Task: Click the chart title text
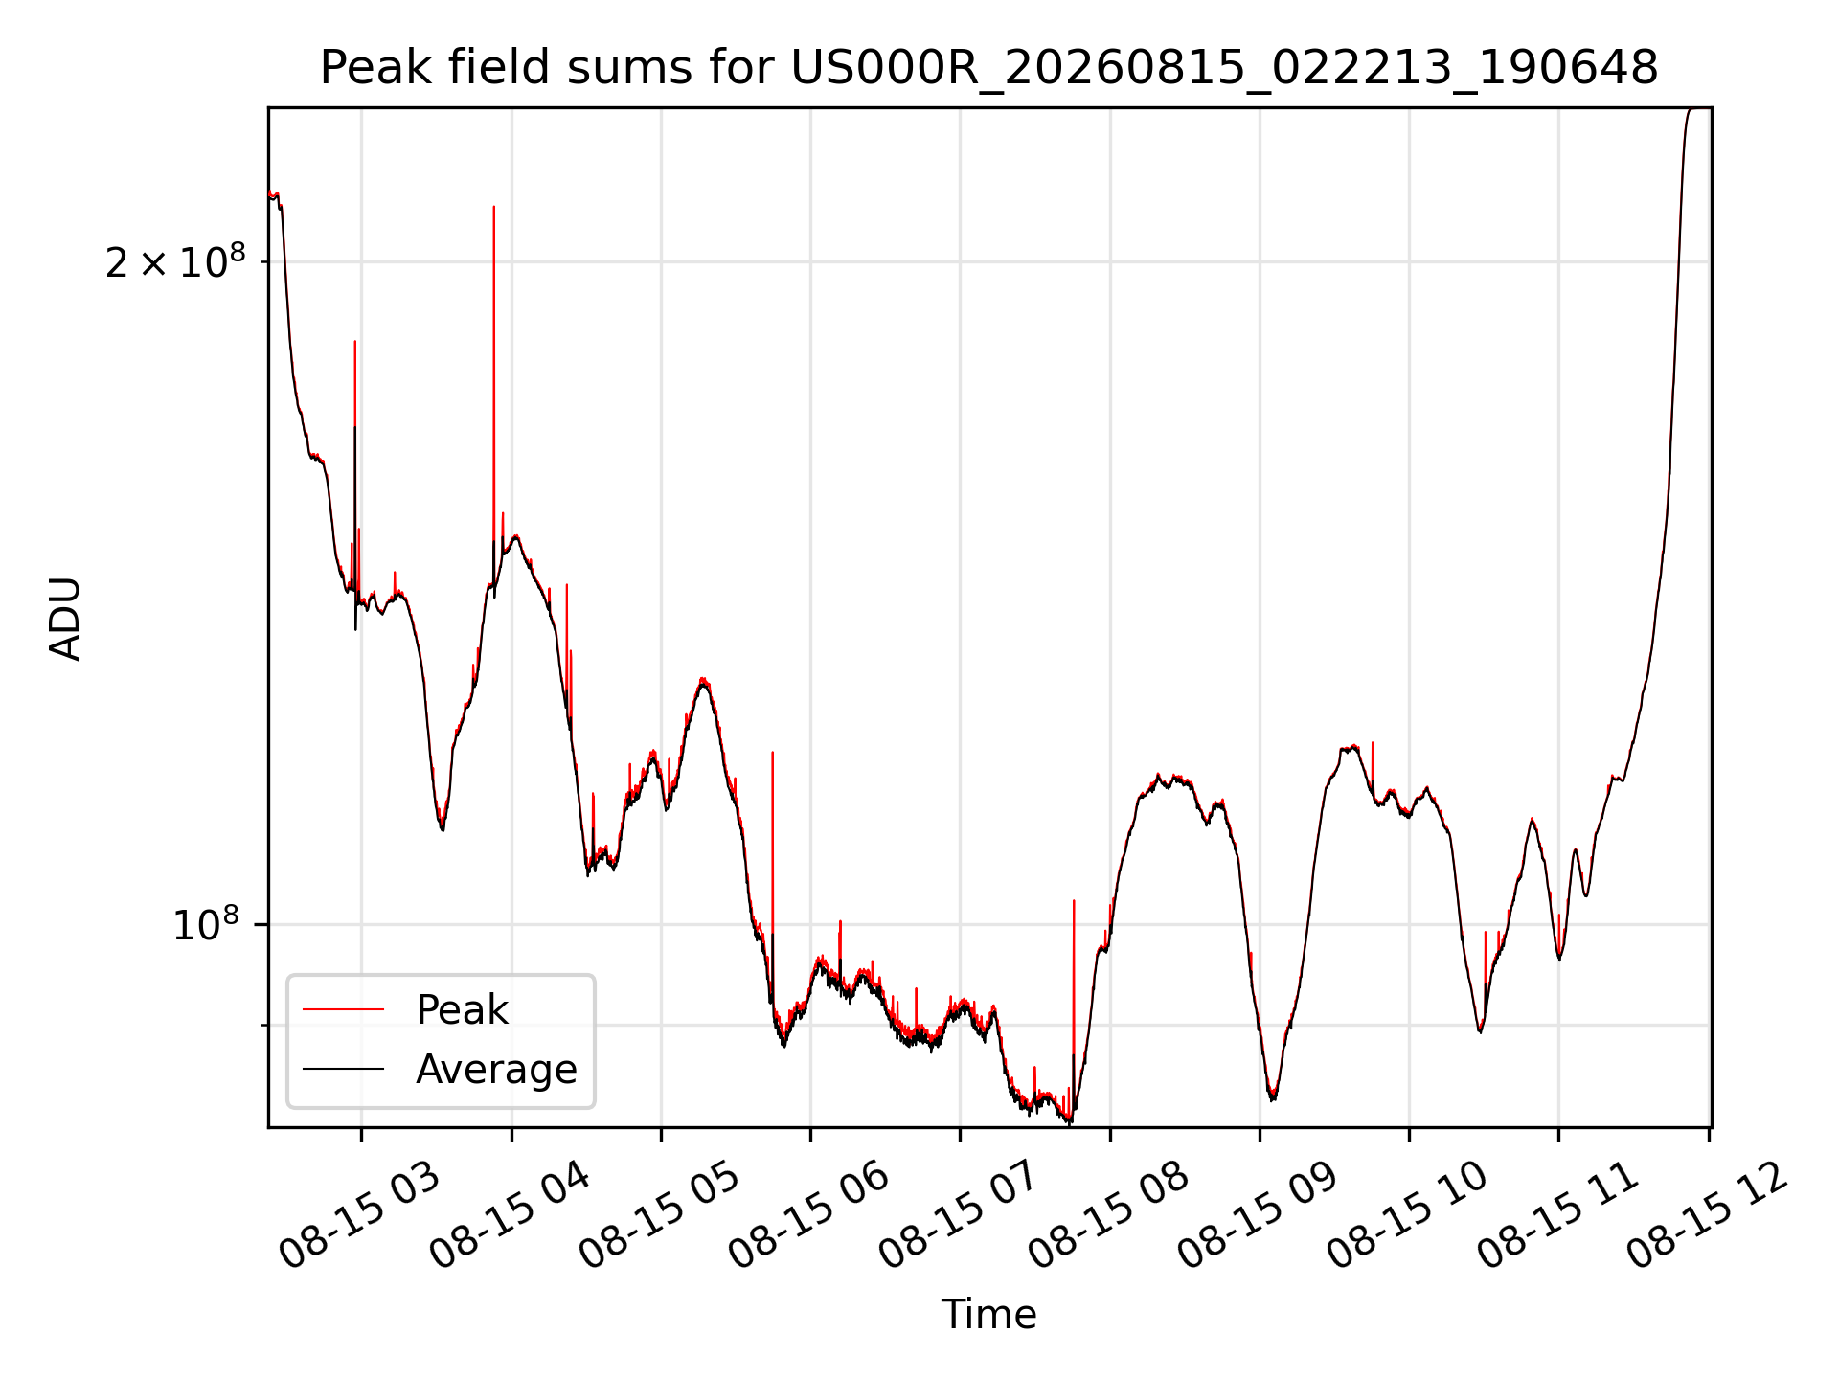click(988, 68)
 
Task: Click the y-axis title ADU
click(65, 618)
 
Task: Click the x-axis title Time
click(988, 1314)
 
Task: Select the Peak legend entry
click(462, 1009)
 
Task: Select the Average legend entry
click(496, 1069)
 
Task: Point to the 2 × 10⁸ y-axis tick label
click(175, 260)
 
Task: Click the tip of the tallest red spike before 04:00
click(494, 206)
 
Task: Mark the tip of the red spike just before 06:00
click(773, 752)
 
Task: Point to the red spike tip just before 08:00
click(1074, 900)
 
